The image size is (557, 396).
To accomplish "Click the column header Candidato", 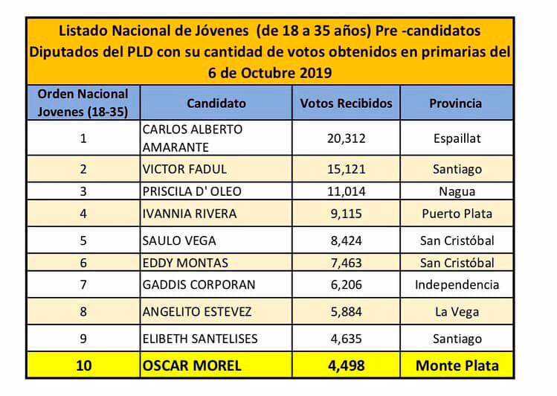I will coord(216,103).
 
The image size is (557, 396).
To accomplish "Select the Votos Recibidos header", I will coord(346,103).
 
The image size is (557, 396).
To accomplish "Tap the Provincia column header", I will coord(456,103).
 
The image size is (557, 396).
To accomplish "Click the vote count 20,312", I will coord(347,138).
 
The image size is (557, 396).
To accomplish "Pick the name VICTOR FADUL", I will coord(184,169).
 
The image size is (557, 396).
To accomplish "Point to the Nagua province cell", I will coord(456,191).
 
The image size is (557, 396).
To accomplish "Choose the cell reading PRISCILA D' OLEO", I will coord(191,191).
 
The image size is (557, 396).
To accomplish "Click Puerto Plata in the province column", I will coord(456,214).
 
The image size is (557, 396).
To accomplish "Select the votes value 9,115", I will coord(347,214).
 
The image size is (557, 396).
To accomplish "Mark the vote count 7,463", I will coord(347,263).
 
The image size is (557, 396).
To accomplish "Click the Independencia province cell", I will coord(456,285).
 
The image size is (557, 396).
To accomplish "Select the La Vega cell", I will coord(456,313).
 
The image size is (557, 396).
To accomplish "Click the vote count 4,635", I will coord(347,339).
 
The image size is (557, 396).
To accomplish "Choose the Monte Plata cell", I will coord(456,366).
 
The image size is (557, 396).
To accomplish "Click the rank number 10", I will coord(83,366).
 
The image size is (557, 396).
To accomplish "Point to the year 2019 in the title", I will coord(314,73).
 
